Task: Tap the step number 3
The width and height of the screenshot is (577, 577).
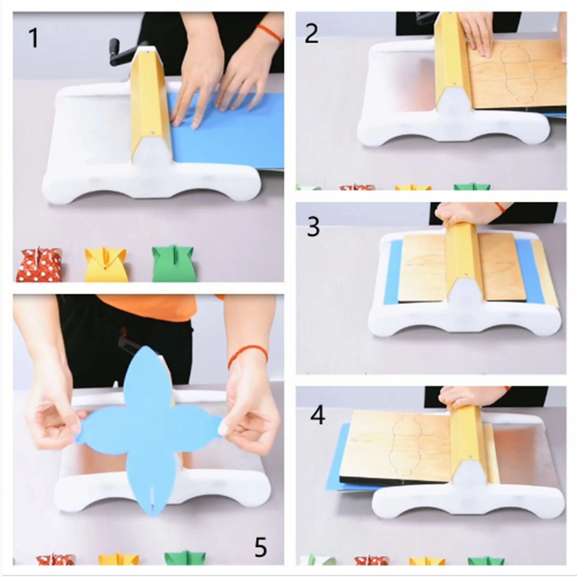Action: click(x=313, y=227)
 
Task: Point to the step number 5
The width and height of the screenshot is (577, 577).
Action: click(x=261, y=546)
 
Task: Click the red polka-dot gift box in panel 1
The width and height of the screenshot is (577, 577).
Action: click(x=39, y=265)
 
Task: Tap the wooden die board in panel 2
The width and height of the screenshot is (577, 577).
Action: click(x=517, y=75)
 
